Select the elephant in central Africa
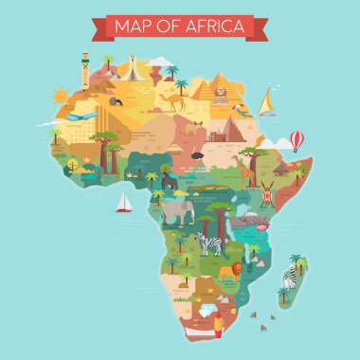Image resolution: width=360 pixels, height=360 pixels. click(176, 212)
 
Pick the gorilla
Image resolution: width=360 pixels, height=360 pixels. click(171, 180)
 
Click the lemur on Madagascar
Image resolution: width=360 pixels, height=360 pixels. click(290, 279)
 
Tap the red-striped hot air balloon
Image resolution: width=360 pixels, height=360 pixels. click(297, 140)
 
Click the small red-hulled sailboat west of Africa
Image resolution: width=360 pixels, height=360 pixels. click(122, 202)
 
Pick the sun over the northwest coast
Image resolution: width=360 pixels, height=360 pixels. click(61, 96)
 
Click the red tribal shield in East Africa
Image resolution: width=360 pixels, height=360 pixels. click(269, 194)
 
